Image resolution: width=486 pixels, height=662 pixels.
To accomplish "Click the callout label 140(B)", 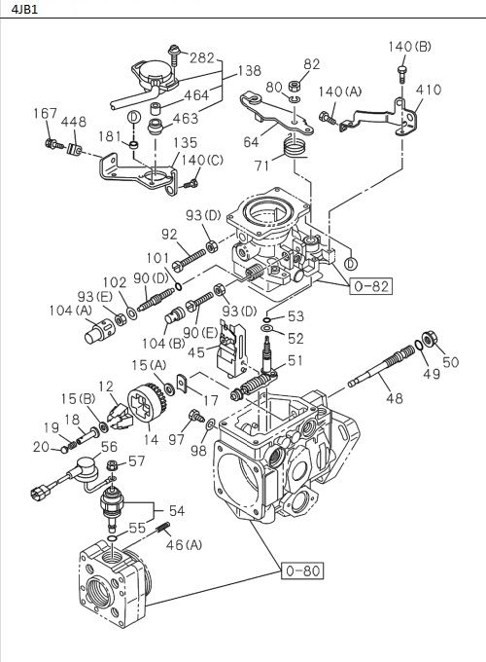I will coord(408,46).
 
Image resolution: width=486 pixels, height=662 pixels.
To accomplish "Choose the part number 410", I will coord(428,91).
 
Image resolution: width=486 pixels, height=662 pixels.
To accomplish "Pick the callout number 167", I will coord(46,114).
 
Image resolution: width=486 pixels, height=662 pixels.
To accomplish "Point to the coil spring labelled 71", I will coord(291,149).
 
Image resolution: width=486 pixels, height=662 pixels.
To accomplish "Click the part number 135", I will coord(186,142).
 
